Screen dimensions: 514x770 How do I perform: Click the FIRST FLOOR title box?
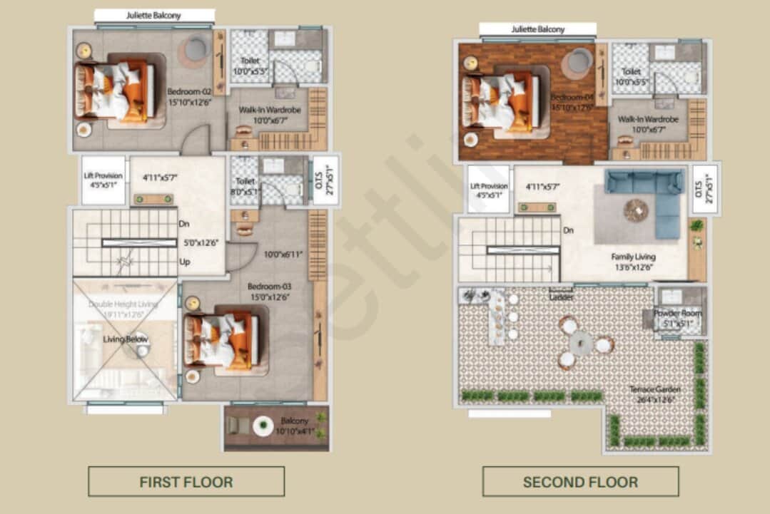click(186, 482)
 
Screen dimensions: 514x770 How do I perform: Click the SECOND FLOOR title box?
click(580, 482)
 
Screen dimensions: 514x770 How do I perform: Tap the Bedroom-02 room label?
click(189, 97)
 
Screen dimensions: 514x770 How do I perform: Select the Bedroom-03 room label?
click(270, 291)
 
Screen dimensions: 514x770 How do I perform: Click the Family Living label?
click(633, 261)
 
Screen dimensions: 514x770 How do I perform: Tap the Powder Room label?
click(677, 318)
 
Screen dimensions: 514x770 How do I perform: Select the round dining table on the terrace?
click(581, 344)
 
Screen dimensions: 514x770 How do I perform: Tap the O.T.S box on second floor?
click(706, 188)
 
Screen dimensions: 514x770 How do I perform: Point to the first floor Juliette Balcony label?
click(153, 16)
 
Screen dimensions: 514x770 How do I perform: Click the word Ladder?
click(561, 297)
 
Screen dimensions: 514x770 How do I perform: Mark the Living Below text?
click(126, 339)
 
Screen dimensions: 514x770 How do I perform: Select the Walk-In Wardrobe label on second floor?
click(648, 124)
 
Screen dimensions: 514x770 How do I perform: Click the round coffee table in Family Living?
click(635, 209)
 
